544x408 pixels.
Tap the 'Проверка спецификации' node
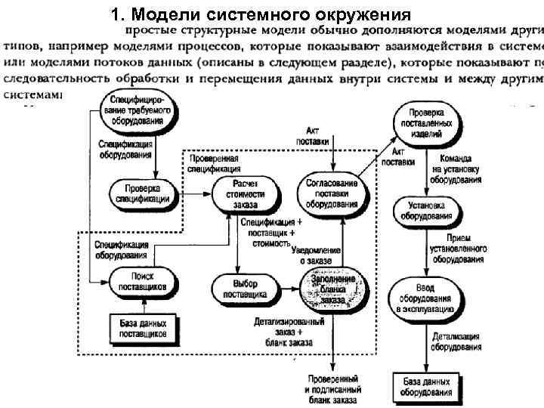point(144,193)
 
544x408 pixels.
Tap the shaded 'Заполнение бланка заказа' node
point(332,289)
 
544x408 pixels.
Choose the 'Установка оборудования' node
point(428,210)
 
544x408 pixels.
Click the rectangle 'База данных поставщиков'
point(144,329)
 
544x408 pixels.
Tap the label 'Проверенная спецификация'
point(215,165)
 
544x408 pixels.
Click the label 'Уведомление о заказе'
point(317,255)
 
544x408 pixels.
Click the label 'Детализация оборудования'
point(456,341)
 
